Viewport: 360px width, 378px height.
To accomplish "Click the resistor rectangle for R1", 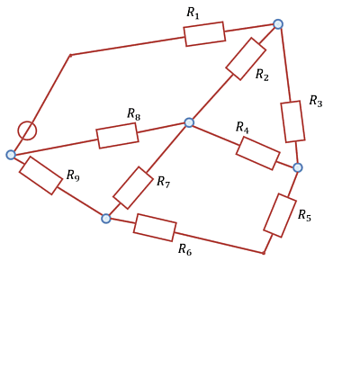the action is [204, 34].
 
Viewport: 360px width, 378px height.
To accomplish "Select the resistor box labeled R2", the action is [246, 58].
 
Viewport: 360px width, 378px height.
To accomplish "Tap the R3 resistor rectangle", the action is [292, 121].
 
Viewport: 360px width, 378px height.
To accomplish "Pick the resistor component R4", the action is [258, 153].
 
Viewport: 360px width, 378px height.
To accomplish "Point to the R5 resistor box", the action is [280, 215].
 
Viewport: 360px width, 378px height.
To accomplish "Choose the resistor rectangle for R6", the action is [155, 228].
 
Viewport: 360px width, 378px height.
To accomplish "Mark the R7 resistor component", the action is [133, 188].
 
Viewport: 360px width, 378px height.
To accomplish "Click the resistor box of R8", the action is [117, 136].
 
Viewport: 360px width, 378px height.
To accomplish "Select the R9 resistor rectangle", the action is [40, 175].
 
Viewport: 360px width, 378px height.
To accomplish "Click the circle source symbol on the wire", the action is [27, 130].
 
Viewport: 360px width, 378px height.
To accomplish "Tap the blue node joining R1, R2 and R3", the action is [278, 24].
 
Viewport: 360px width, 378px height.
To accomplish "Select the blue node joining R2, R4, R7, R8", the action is [189, 122].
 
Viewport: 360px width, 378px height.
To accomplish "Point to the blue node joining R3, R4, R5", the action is [298, 167].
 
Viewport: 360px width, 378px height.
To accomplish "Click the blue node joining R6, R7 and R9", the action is [106, 219].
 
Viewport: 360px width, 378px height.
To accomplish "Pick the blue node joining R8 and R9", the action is [11, 155].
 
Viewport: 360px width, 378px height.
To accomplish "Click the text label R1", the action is [193, 13].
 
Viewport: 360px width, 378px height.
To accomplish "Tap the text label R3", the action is [316, 101].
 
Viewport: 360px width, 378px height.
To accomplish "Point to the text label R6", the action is [184, 249].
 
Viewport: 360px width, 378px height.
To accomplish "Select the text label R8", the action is [134, 114].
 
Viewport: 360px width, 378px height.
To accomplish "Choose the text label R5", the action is [304, 215].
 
